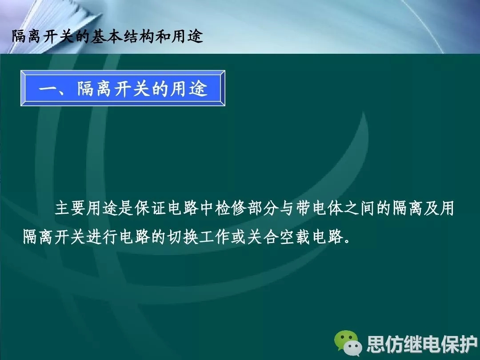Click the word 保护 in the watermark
pyautogui.click(x=459, y=344)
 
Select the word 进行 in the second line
pyautogui.click(x=102, y=237)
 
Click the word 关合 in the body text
pyautogui.click(x=263, y=237)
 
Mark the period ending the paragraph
pyautogui.click(x=347, y=241)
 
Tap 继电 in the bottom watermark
pyautogui.click(x=422, y=344)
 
